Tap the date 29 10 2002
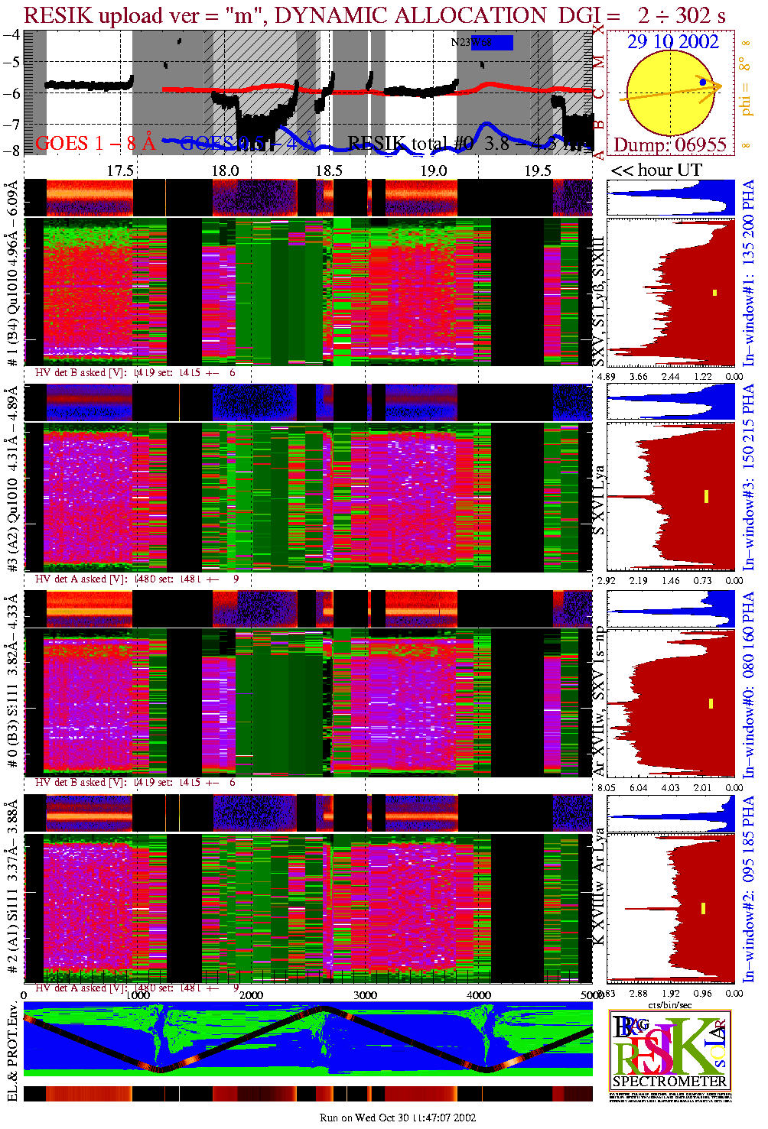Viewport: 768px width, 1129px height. click(673, 42)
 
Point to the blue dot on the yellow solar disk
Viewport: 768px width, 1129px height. click(703, 82)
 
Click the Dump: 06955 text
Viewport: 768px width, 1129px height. click(670, 144)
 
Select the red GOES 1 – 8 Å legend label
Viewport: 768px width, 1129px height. click(95, 142)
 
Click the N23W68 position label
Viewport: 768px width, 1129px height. click(471, 43)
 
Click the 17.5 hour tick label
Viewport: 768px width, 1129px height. click(120, 170)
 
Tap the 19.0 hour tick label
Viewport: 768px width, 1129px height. click(433, 170)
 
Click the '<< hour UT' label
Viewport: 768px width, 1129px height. click(656, 170)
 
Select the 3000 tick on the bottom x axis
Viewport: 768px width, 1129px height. click(365, 995)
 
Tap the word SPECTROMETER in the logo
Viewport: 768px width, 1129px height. click(670, 1082)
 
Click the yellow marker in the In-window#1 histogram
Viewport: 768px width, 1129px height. click(714, 293)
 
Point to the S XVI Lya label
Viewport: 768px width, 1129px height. click(599, 500)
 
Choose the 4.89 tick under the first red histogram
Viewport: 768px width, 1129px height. click(606, 376)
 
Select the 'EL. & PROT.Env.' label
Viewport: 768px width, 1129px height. click(12, 1053)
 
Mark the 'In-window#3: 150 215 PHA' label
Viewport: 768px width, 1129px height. click(748, 477)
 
